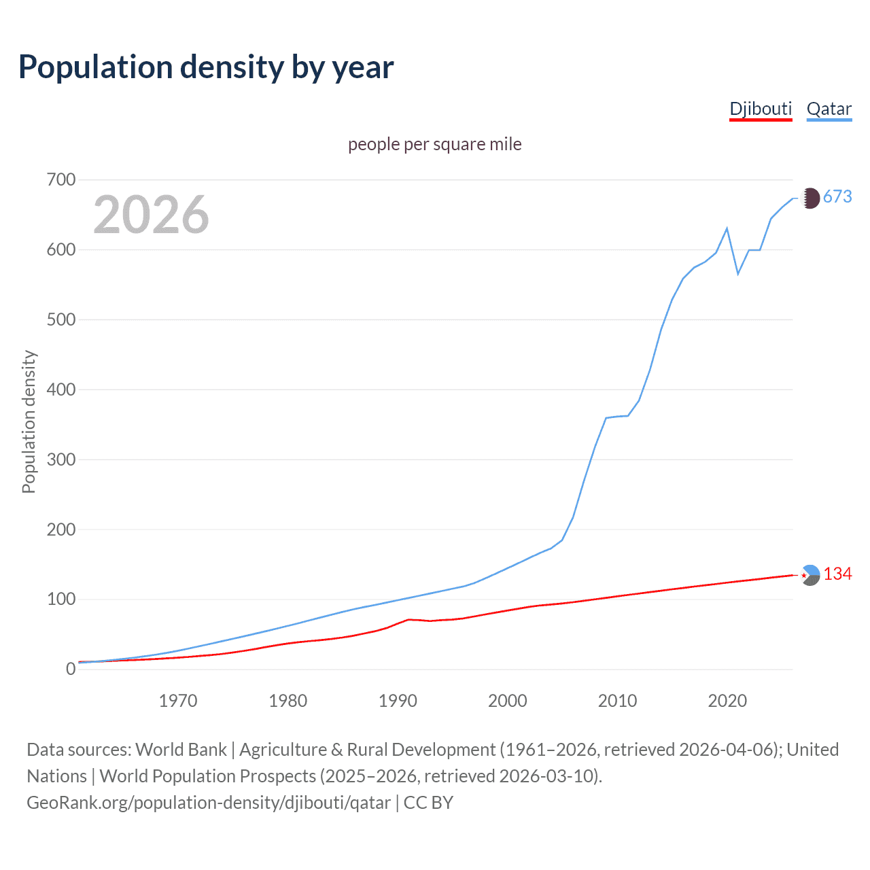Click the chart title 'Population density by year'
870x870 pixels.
pyautogui.click(x=206, y=67)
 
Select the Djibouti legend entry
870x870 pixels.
pyautogui.click(x=761, y=109)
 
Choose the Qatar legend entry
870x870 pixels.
pyautogui.click(x=829, y=109)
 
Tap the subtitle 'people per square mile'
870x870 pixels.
pyautogui.click(x=434, y=144)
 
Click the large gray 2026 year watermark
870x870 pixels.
pyautogui.click(x=151, y=215)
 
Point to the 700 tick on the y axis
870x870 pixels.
pyautogui.click(x=61, y=180)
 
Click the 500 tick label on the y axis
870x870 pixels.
pyautogui.click(x=61, y=319)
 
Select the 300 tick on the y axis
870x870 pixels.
pyautogui.click(x=61, y=459)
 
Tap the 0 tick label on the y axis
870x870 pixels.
pyautogui.click(x=71, y=669)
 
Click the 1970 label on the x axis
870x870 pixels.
pyautogui.click(x=178, y=701)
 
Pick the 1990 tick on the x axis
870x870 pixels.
pyautogui.click(x=398, y=701)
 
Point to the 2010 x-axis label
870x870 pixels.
pyautogui.click(x=617, y=701)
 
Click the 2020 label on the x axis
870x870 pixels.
pyautogui.click(x=727, y=701)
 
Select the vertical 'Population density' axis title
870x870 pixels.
pyautogui.click(x=29, y=421)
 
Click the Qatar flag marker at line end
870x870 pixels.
pyautogui.click(x=810, y=198)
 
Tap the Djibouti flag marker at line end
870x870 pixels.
pyautogui.click(x=810, y=575)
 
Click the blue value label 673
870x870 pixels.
pyautogui.click(x=837, y=197)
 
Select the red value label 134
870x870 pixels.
pyautogui.click(x=837, y=574)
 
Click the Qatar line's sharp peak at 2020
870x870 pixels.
pyautogui.click(x=727, y=228)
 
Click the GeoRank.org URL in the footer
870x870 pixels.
pyautogui.click(x=209, y=803)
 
